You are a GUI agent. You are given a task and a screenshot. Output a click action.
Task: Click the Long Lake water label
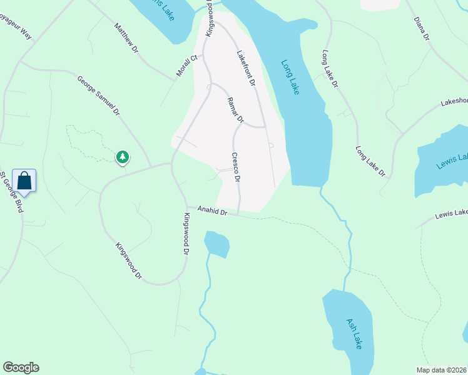coord(290,77)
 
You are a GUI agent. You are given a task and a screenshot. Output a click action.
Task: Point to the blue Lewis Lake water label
coord(451,160)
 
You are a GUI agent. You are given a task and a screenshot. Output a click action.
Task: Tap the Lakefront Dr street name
coord(246,68)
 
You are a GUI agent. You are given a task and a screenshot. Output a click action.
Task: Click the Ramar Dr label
coord(235,110)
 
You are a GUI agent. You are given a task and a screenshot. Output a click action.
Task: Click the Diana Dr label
coord(422,29)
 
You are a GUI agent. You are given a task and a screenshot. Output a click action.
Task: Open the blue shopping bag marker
coord(24,181)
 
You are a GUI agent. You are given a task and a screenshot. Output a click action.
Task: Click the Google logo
coord(21,367)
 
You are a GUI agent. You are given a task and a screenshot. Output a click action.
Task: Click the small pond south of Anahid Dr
coord(216,244)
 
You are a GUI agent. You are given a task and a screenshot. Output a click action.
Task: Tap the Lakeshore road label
coord(454,101)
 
